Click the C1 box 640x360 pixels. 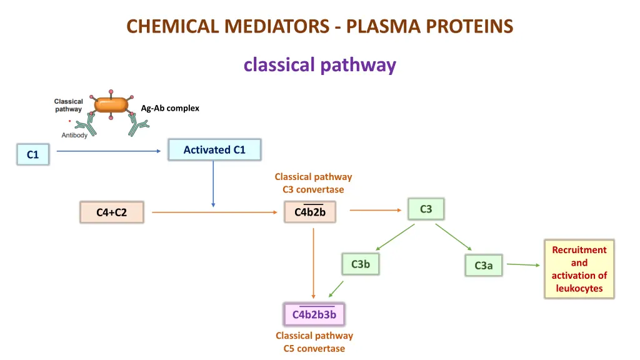point(32,154)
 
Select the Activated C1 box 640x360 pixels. point(214,150)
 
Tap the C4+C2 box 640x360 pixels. point(111,212)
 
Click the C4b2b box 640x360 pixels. point(310,212)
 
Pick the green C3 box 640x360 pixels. point(426,209)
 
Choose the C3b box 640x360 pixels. point(360,264)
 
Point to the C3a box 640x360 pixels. point(483,266)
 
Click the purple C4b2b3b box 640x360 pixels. point(314,314)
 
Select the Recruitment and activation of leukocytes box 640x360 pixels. point(579,269)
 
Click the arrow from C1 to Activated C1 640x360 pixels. point(109,151)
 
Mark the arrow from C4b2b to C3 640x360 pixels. point(375,210)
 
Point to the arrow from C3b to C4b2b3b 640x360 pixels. point(336,288)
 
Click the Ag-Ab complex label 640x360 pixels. point(170,108)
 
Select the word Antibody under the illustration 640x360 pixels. point(74,135)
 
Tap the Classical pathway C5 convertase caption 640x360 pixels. point(314,342)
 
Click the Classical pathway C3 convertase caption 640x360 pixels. point(313,183)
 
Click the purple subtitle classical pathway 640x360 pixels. point(319,65)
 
